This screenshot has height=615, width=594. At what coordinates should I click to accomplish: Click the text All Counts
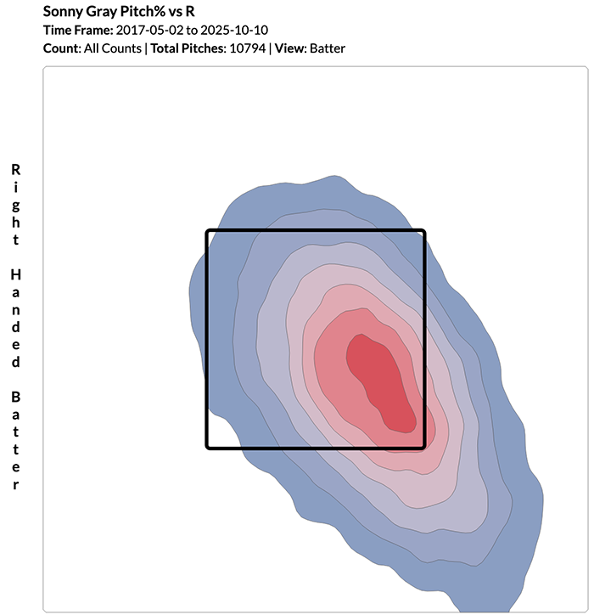tap(111, 48)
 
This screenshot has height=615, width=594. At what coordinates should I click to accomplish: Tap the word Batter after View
tap(328, 48)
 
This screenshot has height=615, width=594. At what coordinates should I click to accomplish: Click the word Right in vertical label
tap(15, 204)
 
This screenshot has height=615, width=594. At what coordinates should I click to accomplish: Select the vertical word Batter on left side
tap(15, 440)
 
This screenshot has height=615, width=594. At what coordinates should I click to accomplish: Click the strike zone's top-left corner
tap(208, 231)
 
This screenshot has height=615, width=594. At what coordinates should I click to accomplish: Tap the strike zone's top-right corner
tap(423, 231)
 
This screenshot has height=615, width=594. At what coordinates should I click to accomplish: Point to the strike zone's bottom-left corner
tap(208, 447)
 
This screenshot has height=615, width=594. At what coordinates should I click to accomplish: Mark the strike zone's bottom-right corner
tap(423, 447)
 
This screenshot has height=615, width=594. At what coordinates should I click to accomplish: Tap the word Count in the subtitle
tap(60, 48)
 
